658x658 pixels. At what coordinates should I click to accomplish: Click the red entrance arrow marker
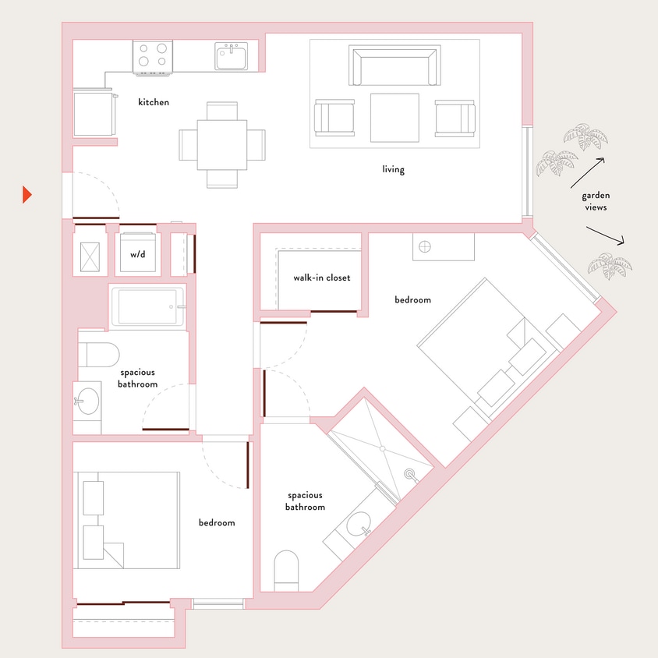pyautogui.click(x=27, y=195)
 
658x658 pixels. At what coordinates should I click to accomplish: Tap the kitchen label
pyautogui.click(x=154, y=102)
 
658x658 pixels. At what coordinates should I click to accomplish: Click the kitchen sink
pyautogui.click(x=232, y=56)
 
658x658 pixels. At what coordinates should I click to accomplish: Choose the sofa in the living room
pyautogui.click(x=394, y=67)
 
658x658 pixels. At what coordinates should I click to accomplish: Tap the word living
pyautogui.click(x=394, y=169)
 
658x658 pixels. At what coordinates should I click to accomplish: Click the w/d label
pyautogui.click(x=137, y=254)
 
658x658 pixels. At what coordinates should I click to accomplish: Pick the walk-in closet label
pyautogui.click(x=321, y=278)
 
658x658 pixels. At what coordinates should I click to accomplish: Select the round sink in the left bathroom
pyautogui.click(x=87, y=402)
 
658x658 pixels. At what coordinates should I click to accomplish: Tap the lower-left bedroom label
pyautogui.click(x=216, y=522)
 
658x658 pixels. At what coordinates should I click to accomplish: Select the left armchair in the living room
pyautogui.click(x=334, y=118)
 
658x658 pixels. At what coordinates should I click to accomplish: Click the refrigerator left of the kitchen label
pyautogui.click(x=94, y=114)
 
